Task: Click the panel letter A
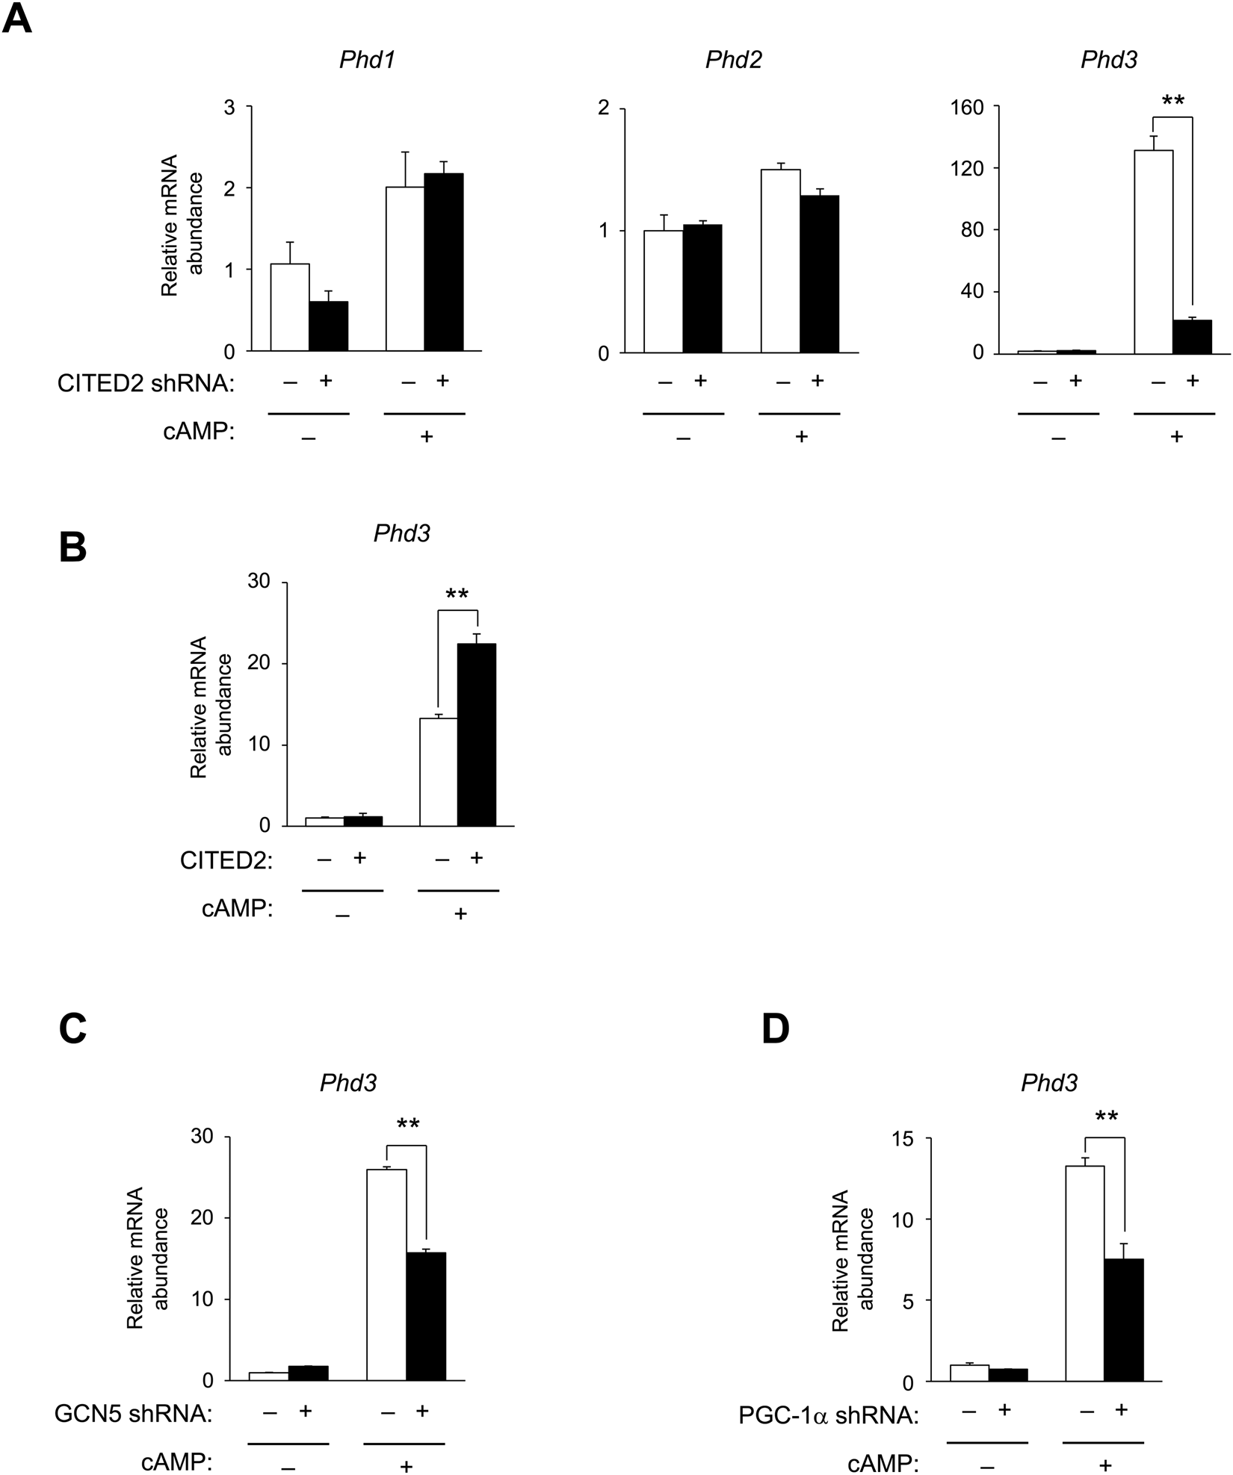click(18, 19)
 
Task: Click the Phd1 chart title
click(366, 60)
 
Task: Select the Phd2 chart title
click(733, 60)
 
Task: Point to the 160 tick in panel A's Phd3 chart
click(965, 108)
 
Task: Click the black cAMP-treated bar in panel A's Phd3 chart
click(1192, 335)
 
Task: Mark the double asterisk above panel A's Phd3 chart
click(1172, 100)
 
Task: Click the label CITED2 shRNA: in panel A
click(146, 384)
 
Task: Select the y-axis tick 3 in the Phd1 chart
click(229, 108)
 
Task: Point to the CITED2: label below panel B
click(226, 861)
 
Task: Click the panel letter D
click(776, 1029)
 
